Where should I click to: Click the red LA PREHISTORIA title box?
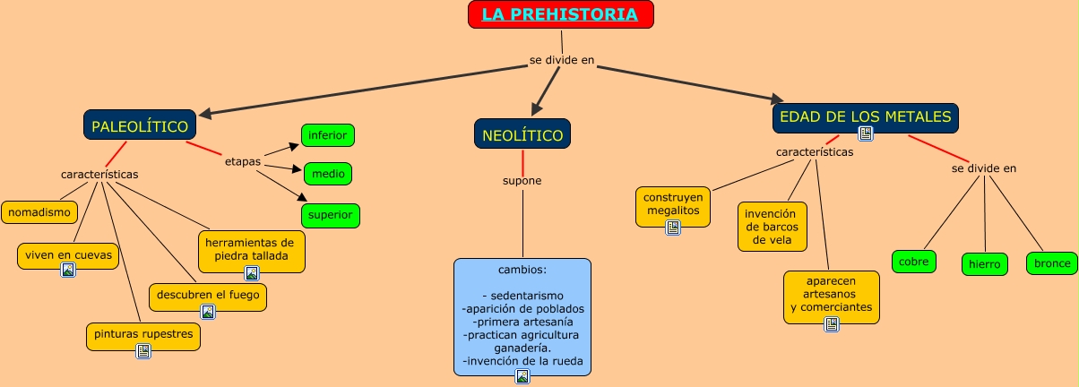click(560, 14)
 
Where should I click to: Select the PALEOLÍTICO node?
click(140, 126)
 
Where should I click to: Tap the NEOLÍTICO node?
click(522, 134)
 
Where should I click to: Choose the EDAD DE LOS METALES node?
click(865, 117)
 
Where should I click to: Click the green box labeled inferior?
click(328, 135)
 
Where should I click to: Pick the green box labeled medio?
click(328, 173)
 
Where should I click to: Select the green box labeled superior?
click(330, 216)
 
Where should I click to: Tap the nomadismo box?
click(39, 212)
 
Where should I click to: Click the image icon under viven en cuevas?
click(68, 270)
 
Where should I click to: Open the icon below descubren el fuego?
click(208, 312)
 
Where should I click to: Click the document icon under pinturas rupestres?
click(143, 351)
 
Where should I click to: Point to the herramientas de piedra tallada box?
click(250, 248)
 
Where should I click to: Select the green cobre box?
click(914, 262)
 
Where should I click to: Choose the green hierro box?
click(984, 264)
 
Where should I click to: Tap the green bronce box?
click(1051, 263)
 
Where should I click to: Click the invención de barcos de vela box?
click(772, 227)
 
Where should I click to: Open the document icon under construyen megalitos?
click(673, 228)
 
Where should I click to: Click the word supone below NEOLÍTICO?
click(522, 181)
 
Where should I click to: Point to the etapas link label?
click(242, 162)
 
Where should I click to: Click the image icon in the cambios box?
click(522, 376)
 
